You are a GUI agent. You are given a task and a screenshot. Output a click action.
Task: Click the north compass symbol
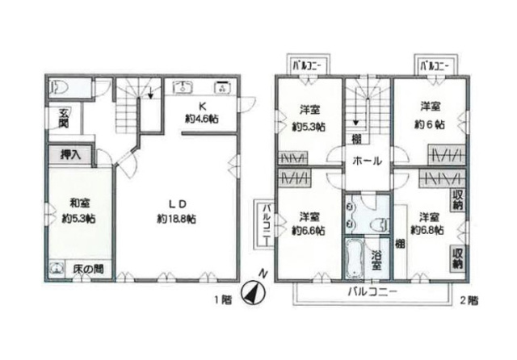click(x=253, y=292)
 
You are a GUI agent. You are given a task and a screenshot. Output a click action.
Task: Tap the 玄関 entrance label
click(x=64, y=118)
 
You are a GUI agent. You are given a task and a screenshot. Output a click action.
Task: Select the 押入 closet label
click(x=70, y=154)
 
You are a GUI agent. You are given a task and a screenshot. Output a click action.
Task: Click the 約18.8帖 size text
click(x=176, y=219)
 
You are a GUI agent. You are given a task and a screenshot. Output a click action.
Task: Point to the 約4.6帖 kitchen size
click(x=202, y=119)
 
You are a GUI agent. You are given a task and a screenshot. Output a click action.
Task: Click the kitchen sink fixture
click(x=183, y=87)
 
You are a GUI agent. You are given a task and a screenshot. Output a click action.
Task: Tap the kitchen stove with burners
click(x=222, y=86)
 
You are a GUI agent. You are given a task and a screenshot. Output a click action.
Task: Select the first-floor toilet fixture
click(x=59, y=88)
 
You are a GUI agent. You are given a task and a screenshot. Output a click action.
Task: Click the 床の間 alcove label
click(x=88, y=269)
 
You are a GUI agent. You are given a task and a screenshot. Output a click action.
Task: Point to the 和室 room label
click(x=80, y=203)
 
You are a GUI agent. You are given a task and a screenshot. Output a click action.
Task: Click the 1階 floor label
click(x=223, y=299)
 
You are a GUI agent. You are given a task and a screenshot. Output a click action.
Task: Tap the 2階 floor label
click(x=469, y=300)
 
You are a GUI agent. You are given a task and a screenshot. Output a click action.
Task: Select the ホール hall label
click(x=368, y=161)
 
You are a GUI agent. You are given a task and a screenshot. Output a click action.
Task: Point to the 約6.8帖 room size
click(x=427, y=230)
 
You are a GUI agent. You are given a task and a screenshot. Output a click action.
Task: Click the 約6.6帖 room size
click(x=309, y=231)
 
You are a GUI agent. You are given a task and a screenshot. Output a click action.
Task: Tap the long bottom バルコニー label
click(x=372, y=291)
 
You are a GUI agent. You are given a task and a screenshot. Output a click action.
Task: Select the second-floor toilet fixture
click(x=380, y=226)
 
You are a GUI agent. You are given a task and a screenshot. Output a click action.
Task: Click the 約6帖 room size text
click(x=429, y=124)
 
